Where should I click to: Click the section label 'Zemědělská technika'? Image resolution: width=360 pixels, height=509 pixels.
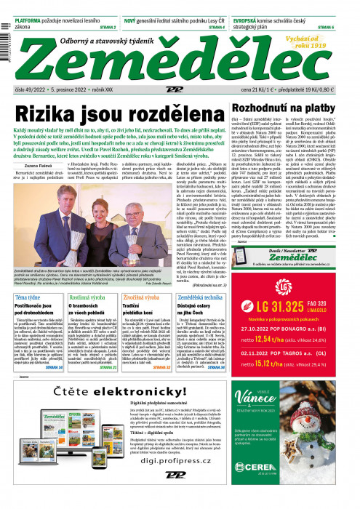click(208, 297)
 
